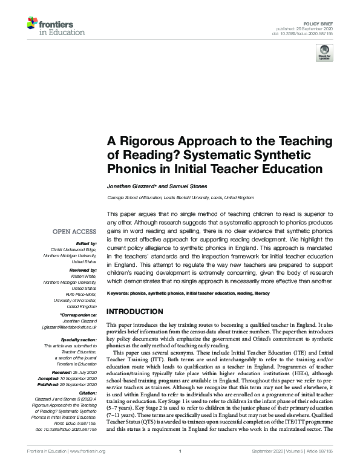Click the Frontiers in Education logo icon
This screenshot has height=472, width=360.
coord(32,24)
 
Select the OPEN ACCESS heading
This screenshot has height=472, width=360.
coord(74,231)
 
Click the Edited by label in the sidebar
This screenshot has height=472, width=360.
coord(85,242)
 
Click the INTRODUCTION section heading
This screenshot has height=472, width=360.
coord(134,311)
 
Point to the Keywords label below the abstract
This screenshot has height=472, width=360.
coord(119,293)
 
